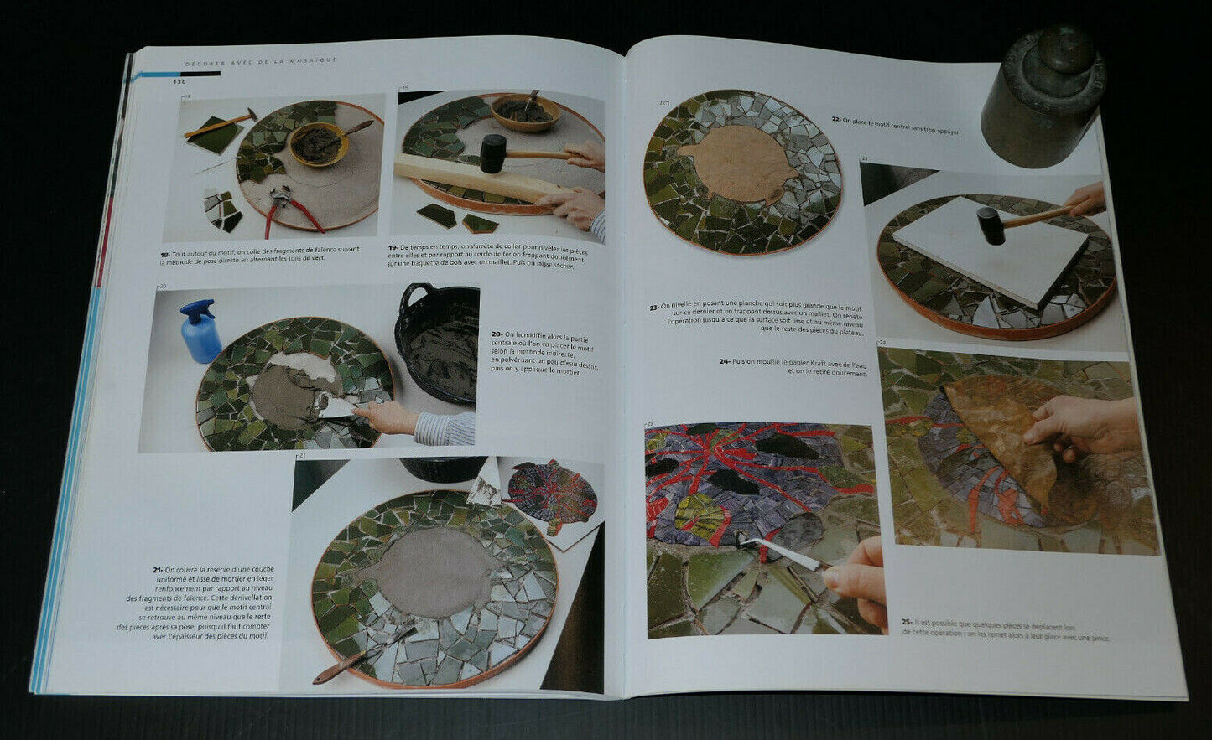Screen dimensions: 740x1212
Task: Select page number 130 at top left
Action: pos(179,82)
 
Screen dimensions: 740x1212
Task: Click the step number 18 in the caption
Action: pos(165,253)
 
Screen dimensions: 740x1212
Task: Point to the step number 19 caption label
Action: pos(393,248)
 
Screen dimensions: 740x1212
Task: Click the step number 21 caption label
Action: pos(157,570)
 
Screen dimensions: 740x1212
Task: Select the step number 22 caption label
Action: pos(836,120)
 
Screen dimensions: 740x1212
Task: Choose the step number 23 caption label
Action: pos(653,307)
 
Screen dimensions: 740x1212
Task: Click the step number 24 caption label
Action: pos(724,362)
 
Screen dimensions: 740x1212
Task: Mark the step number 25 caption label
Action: pos(907,623)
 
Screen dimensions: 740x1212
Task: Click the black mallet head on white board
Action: pos(991,225)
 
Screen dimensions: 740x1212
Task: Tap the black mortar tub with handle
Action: pos(437,339)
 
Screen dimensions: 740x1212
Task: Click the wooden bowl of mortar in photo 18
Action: pos(318,142)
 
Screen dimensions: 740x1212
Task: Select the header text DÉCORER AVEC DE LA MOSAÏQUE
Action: pos(261,60)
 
